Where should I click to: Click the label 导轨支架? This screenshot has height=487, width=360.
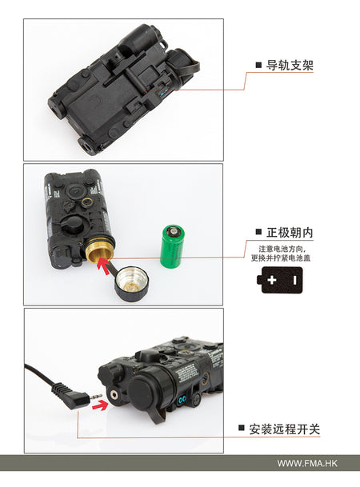pyautogui.click(x=290, y=65)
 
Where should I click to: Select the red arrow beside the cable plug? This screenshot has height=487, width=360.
pyautogui.click(x=98, y=405)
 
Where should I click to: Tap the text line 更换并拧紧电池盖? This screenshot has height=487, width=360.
pyautogui.click(x=279, y=257)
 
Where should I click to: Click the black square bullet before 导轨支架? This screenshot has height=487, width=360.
pyautogui.click(x=258, y=65)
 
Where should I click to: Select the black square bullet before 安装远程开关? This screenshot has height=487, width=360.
pyautogui.click(x=242, y=429)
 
